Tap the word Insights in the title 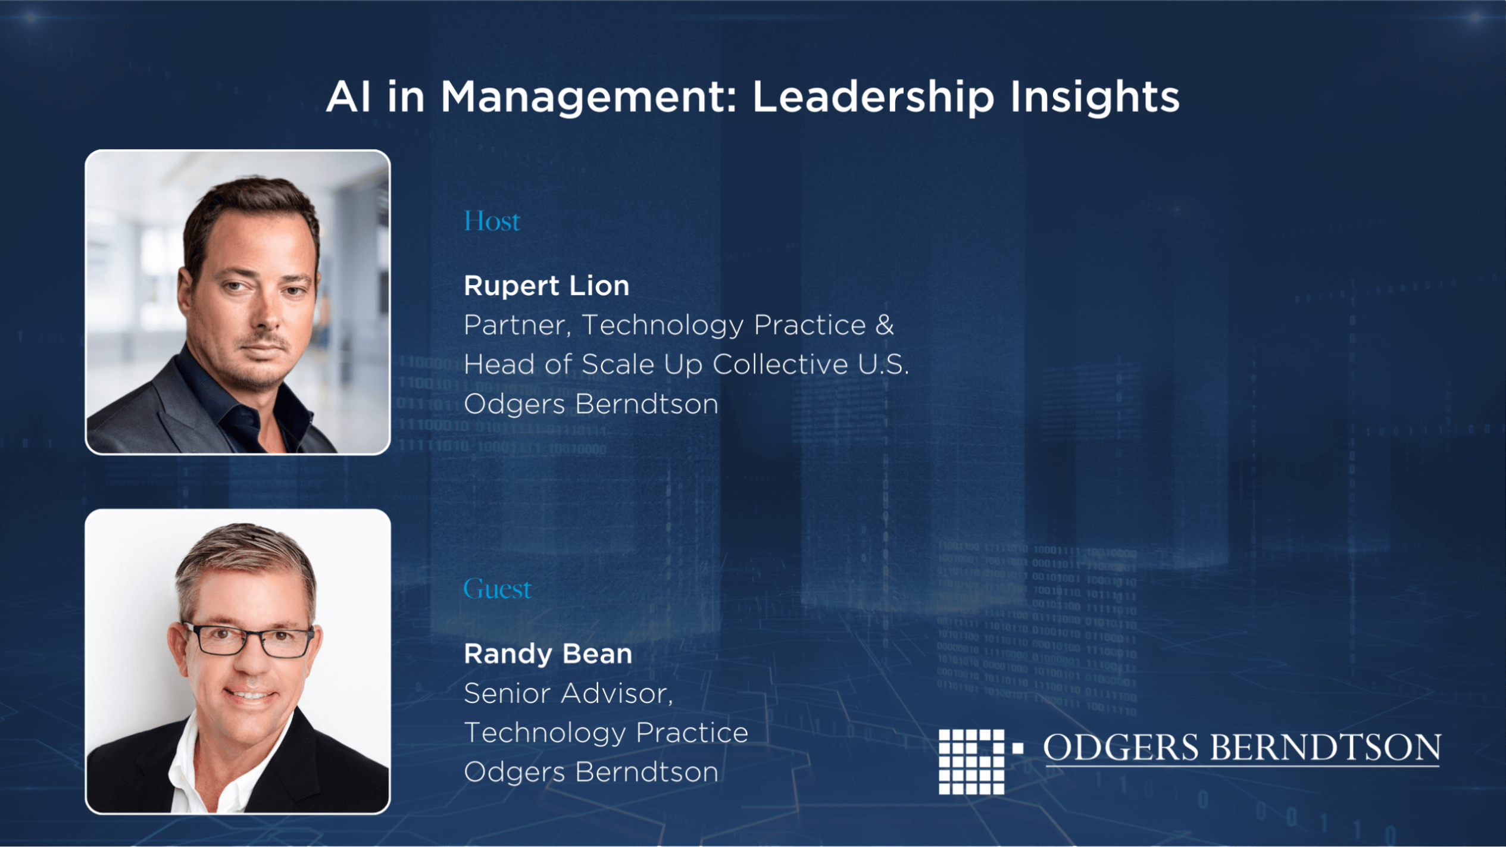click(1095, 98)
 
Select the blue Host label click(492, 221)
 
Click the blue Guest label click(497, 589)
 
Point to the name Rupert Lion click(546, 286)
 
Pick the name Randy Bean click(548, 654)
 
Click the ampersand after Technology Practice click(885, 325)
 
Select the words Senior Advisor click(568, 693)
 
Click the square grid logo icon click(971, 761)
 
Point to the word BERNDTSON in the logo click(1326, 747)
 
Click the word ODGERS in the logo click(1121, 747)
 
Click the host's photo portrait click(238, 302)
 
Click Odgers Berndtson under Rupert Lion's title click(591, 404)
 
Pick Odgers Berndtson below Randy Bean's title click(591, 772)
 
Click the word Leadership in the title click(873, 98)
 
